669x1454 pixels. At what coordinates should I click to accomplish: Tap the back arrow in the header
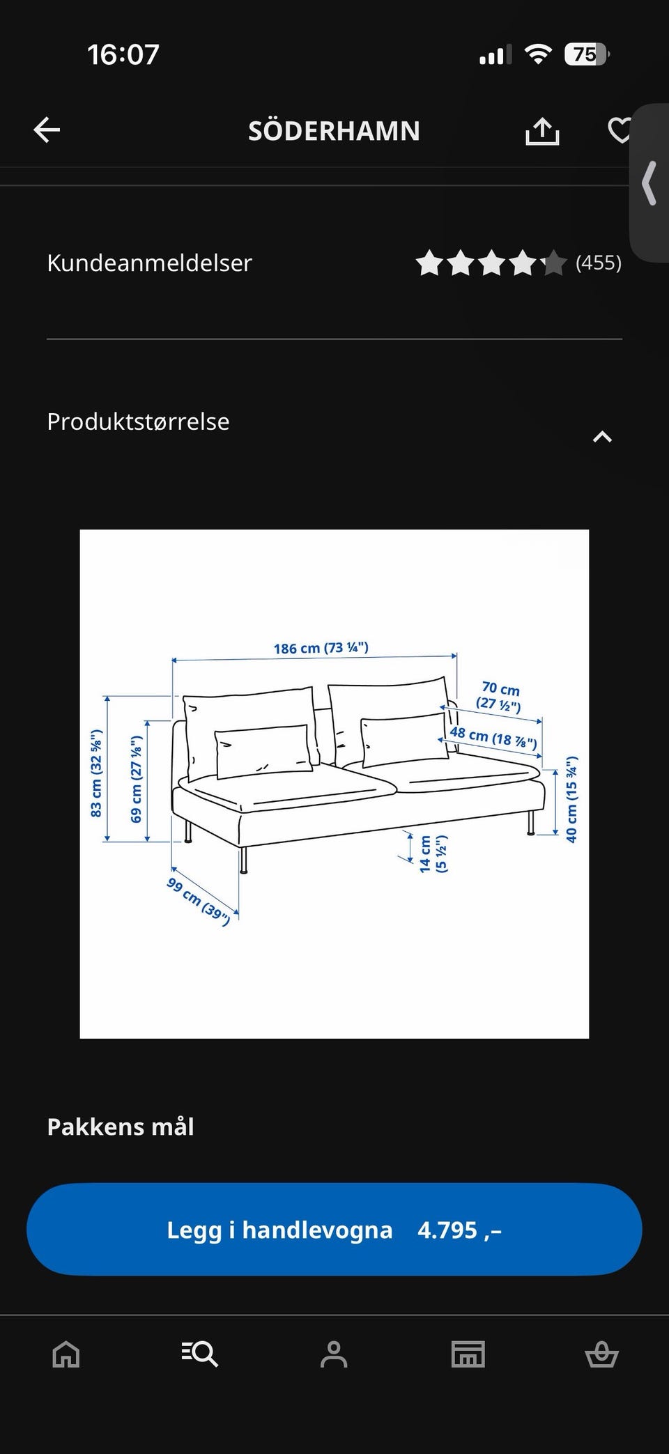point(47,130)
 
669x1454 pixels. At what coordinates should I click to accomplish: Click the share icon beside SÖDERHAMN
point(542,130)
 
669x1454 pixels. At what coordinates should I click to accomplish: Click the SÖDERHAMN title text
point(334,131)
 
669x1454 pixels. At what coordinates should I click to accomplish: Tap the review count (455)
point(598,263)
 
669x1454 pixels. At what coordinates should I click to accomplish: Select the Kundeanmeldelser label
point(149,263)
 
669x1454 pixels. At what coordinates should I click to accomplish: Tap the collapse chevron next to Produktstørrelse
point(602,437)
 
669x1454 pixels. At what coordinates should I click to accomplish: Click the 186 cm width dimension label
point(321,648)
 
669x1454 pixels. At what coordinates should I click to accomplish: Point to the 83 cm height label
point(96,773)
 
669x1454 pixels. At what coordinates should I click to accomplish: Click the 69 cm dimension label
point(137,779)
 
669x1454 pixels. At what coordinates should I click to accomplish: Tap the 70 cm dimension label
point(500,696)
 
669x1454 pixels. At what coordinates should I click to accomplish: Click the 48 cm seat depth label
point(493,736)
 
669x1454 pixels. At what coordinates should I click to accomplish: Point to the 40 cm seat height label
point(571,799)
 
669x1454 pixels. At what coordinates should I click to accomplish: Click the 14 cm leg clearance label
point(432,853)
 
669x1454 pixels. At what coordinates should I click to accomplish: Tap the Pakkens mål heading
point(121,1127)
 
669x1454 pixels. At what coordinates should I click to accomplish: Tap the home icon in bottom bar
point(66,1354)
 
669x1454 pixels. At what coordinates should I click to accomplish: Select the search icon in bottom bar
point(200,1354)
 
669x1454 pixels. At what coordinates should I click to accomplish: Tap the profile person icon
point(334,1354)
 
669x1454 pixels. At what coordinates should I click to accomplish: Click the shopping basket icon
point(601,1354)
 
